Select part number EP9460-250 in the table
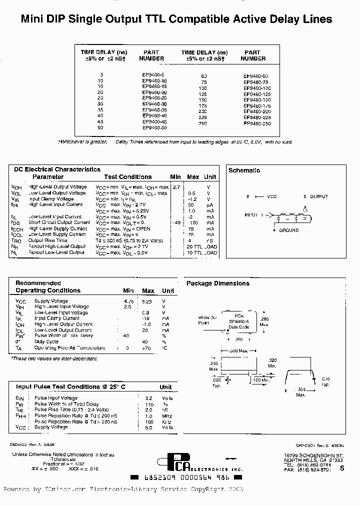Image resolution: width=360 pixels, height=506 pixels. (x=257, y=123)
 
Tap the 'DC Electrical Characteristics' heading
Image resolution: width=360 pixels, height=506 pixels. (x=57, y=169)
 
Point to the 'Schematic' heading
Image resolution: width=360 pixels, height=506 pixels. (x=244, y=170)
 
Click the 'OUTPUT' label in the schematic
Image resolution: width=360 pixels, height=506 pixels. (x=319, y=197)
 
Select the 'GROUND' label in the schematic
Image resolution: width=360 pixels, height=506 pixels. (x=288, y=230)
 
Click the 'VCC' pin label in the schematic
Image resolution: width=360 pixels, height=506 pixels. (x=271, y=197)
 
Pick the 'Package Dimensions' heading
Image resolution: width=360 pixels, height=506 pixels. (x=218, y=283)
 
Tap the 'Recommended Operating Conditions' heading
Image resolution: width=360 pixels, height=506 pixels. (x=48, y=286)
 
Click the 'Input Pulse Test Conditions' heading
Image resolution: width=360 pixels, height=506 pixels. (x=71, y=387)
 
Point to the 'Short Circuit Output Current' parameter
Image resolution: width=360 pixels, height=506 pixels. (x=59, y=222)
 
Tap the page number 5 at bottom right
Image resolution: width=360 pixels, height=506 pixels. (x=342, y=468)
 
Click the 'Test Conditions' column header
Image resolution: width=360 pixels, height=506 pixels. (x=127, y=177)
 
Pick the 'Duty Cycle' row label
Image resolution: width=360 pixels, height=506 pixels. (x=46, y=342)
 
